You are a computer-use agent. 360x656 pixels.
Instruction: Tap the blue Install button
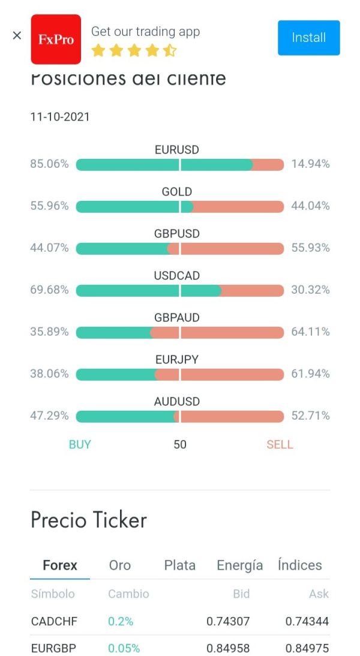(x=308, y=38)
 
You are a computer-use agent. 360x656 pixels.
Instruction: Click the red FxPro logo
(x=56, y=39)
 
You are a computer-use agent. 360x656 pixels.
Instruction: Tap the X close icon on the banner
(x=17, y=36)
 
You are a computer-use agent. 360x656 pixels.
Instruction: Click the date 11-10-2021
(x=60, y=117)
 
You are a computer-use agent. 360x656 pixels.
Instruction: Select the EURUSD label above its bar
(x=177, y=150)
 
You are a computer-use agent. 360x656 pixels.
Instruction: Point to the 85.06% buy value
(x=49, y=164)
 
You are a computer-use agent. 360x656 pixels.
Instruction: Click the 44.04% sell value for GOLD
(x=310, y=206)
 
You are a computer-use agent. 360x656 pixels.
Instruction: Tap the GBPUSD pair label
(x=177, y=234)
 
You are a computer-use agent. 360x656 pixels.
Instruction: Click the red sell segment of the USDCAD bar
(x=252, y=290)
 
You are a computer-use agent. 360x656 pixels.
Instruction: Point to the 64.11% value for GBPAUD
(x=310, y=332)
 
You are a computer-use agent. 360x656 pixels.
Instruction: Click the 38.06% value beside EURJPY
(x=49, y=374)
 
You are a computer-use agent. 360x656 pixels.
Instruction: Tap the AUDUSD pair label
(x=177, y=402)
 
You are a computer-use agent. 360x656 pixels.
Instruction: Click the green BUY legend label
(x=80, y=445)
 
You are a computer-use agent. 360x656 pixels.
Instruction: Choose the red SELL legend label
(x=280, y=445)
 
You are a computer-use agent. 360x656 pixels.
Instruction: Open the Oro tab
(x=120, y=565)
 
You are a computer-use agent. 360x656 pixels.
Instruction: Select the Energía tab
(x=240, y=565)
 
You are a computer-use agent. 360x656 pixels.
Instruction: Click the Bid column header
(x=241, y=594)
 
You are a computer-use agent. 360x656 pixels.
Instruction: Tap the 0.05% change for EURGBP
(x=124, y=649)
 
